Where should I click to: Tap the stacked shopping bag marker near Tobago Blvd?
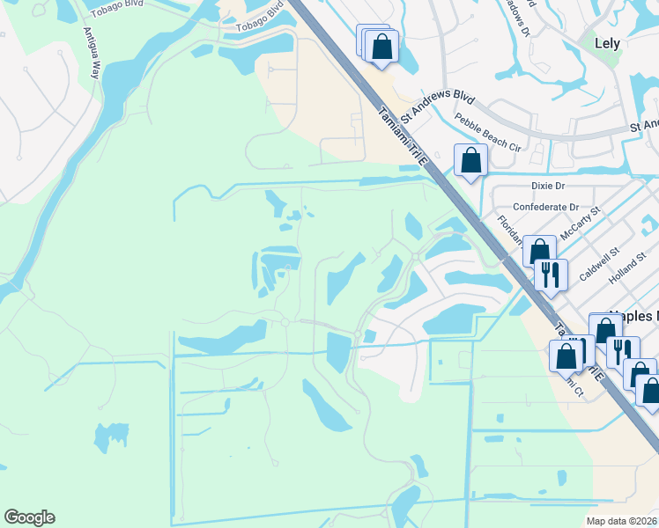[381, 46]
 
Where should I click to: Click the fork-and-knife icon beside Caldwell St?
[551, 275]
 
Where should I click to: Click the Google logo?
[29, 517]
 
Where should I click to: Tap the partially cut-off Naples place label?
[634, 315]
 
